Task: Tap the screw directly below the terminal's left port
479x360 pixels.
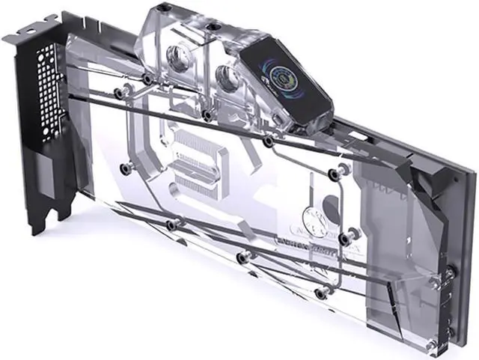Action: [x=205, y=115]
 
